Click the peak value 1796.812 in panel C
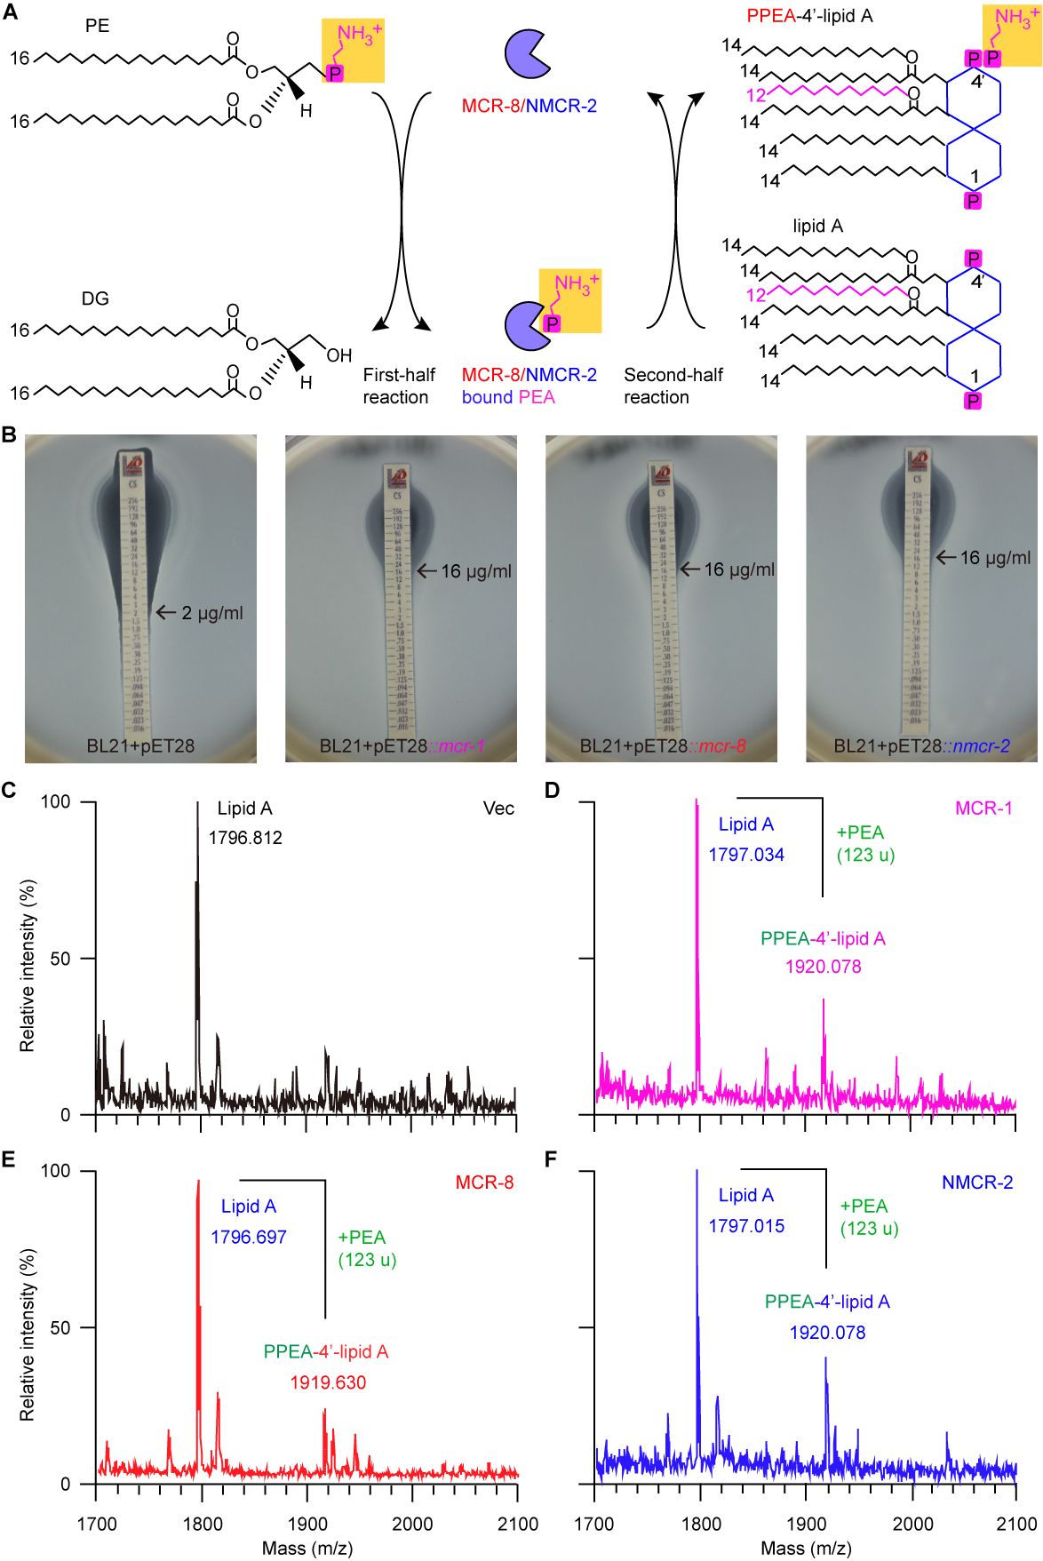point(245,838)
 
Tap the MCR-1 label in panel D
point(983,808)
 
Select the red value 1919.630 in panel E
point(328,1382)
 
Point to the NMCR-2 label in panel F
point(977,1183)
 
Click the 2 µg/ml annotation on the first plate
point(211,613)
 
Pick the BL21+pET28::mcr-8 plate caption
point(663,746)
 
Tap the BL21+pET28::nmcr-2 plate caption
point(921,746)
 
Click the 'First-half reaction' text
point(398,386)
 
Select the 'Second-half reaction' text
point(673,386)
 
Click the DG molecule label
point(95,299)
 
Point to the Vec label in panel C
point(498,808)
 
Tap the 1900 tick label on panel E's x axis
point(307,1524)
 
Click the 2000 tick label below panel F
point(912,1524)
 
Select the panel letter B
point(10,434)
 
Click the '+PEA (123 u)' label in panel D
point(865,843)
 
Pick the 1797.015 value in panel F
point(746,1226)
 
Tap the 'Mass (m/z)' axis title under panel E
point(307,1549)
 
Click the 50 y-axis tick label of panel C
point(60,959)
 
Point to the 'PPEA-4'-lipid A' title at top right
point(809,16)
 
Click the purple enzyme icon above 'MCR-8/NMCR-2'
point(527,53)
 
